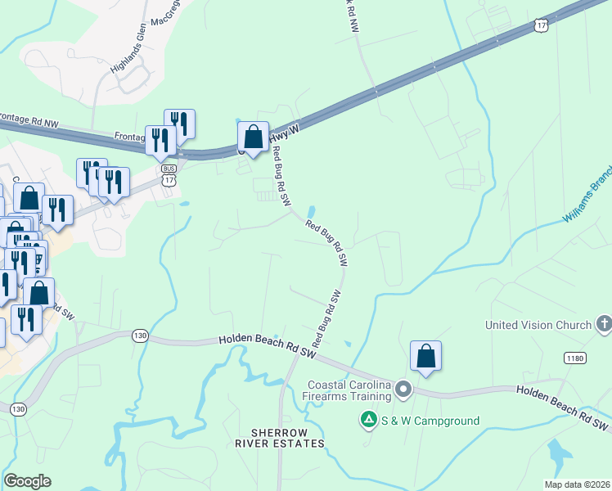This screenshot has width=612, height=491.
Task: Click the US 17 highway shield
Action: [540, 26]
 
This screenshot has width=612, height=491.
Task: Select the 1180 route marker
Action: [574, 358]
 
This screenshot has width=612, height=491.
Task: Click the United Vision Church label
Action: [538, 325]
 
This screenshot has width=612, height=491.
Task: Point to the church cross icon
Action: [604, 324]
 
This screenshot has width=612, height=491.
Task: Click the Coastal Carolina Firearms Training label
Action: [349, 391]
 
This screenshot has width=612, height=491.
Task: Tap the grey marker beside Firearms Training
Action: [403, 390]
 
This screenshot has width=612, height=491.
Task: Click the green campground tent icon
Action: [369, 421]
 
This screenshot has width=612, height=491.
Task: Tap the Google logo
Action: [27, 481]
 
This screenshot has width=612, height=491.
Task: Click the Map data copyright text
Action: [578, 484]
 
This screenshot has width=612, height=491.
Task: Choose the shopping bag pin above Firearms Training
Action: [425, 357]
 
